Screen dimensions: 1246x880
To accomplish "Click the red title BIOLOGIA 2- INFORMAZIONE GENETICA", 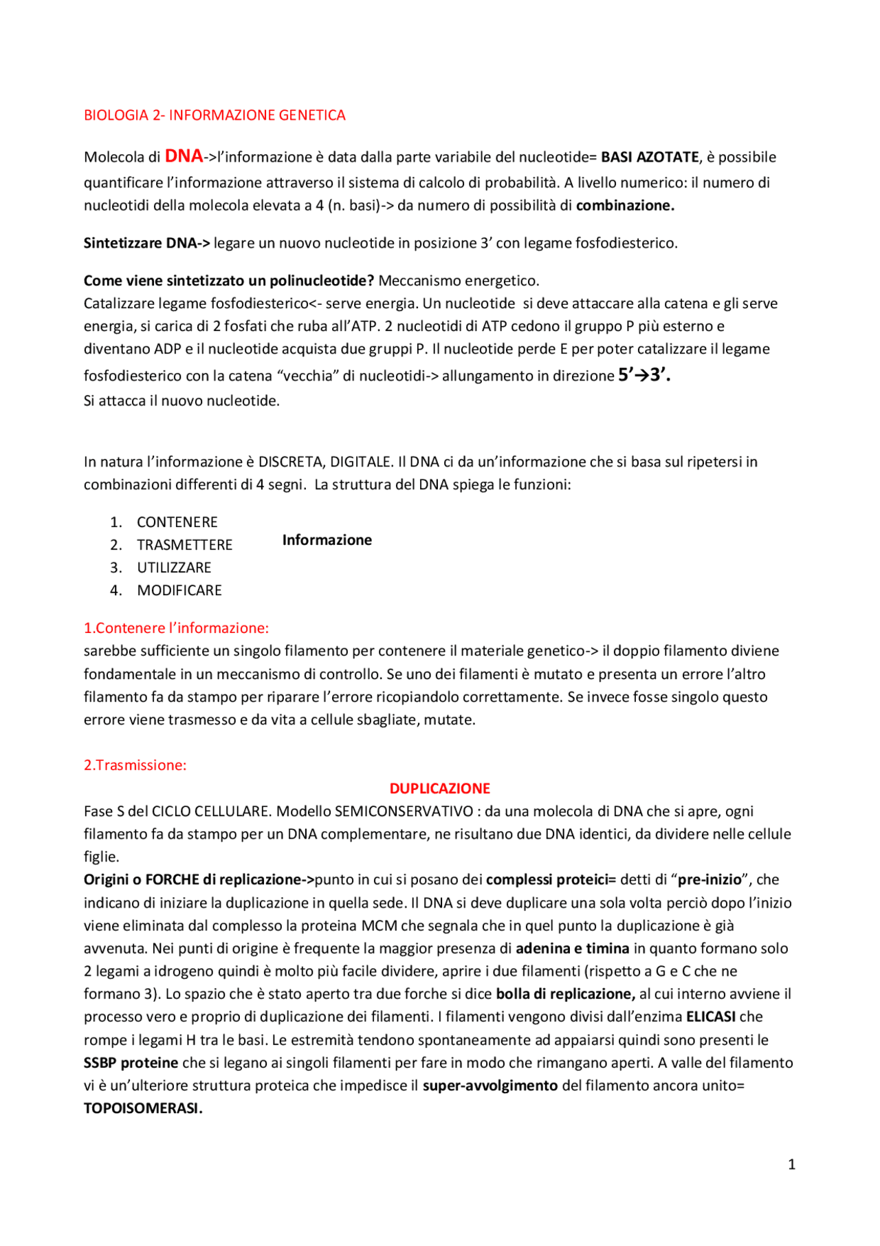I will [x=214, y=115].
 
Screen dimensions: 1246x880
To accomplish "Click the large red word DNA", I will [x=184, y=156].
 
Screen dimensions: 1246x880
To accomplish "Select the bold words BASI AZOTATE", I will [x=650, y=157].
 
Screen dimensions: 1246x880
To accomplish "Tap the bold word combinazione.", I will [x=624, y=206].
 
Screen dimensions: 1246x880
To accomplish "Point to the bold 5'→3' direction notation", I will [x=643, y=375].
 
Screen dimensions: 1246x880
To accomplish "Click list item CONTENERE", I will [x=177, y=522].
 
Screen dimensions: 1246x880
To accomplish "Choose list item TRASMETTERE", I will [x=184, y=545].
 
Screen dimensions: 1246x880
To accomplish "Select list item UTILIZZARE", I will [x=174, y=568].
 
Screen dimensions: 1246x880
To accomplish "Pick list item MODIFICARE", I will [x=179, y=590].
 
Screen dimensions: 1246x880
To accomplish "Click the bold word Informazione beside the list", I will [x=327, y=540].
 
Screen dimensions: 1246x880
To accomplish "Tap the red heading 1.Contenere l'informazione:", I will [x=176, y=628].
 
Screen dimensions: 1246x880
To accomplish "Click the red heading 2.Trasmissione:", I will [x=135, y=765].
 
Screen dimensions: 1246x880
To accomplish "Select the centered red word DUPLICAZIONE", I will [x=440, y=788].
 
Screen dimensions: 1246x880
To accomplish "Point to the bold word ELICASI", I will [x=711, y=1017].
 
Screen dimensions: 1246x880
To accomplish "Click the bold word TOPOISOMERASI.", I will [x=143, y=1108].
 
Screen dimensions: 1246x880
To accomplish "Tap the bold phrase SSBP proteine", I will [x=131, y=1063].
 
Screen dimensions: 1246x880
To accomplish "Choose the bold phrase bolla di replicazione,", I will [x=565, y=994].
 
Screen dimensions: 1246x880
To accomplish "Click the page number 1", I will [x=791, y=1164].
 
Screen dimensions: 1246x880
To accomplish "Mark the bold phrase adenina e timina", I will [x=572, y=949].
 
